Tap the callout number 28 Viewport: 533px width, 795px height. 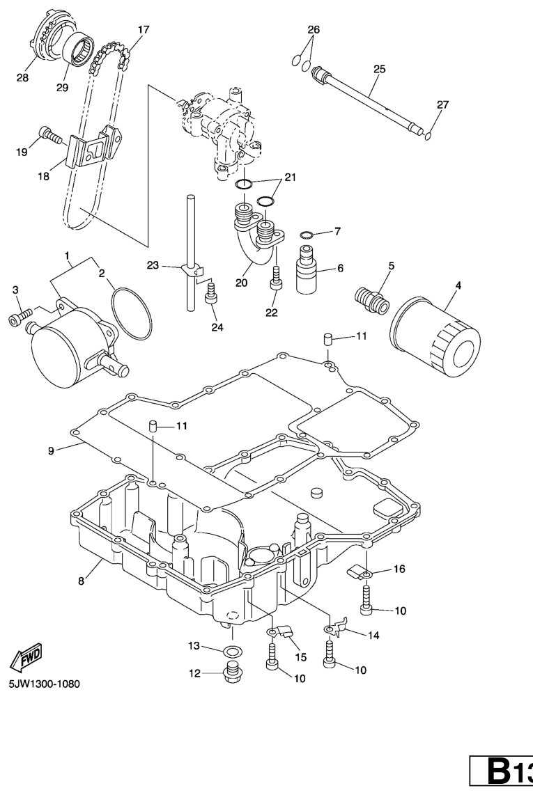point(23,78)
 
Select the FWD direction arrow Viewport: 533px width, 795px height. point(28,656)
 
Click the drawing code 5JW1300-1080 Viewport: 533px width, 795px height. point(44,684)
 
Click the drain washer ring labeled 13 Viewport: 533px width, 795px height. point(232,652)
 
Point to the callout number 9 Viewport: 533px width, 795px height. point(51,450)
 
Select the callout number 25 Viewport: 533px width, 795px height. point(379,69)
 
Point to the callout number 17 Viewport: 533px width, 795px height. point(143,30)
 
